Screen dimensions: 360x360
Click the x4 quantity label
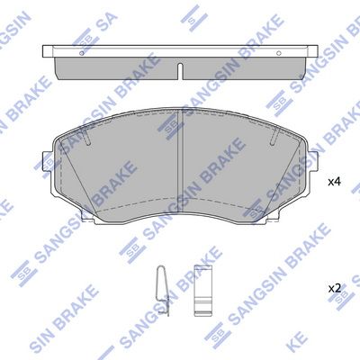tap(334, 182)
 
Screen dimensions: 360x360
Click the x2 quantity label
tap(334, 289)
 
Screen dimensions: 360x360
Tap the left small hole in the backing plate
tap(82, 53)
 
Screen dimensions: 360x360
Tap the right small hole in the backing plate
tap(278, 53)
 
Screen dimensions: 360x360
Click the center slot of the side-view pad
tap(180, 71)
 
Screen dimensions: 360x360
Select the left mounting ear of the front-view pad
tap(47, 162)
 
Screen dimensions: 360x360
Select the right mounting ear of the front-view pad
tap(313, 162)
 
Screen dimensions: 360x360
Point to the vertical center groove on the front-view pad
tap(180, 160)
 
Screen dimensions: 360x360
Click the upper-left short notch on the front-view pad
tap(87, 137)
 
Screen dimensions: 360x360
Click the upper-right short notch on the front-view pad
tap(274, 137)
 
